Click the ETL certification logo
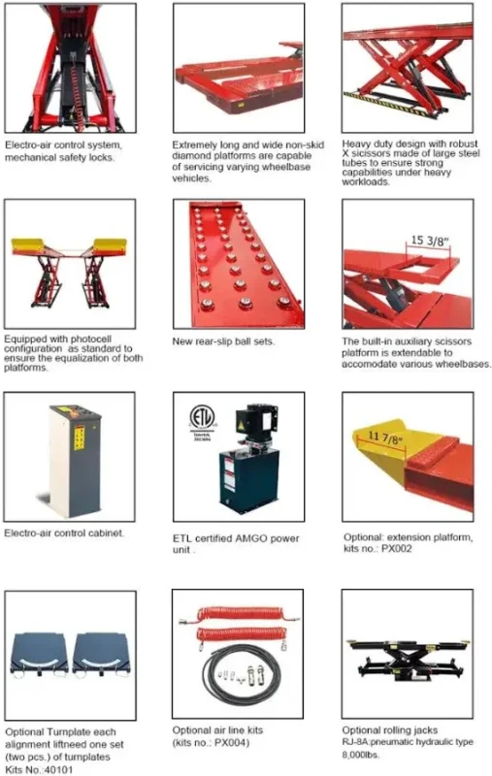(x=203, y=419)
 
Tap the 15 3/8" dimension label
(x=430, y=241)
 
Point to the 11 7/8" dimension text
(x=386, y=437)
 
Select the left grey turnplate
(x=40, y=654)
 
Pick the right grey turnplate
(x=102, y=654)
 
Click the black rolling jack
(x=407, y=662)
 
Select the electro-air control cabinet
(x=75, y=462)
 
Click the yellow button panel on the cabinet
(x=80, y=438)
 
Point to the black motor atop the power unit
(x=256, y=423)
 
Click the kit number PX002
(x=397, y=549)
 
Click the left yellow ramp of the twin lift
(x=29, y=246)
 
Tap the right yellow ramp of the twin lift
(x=110, y=246)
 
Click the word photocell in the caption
(x=91, y=339)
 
